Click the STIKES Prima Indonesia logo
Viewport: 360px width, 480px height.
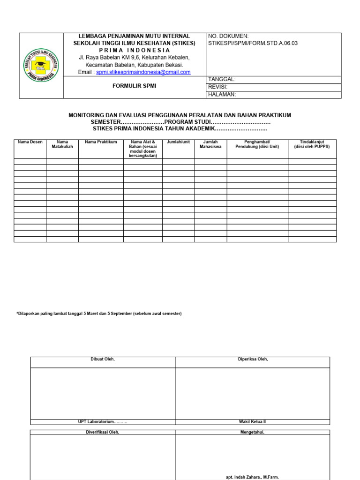pyautogui.click(x=41, y=66)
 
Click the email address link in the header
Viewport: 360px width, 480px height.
pyautogui.click(x=143, y=72)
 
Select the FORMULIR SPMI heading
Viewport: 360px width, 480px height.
pyautogui.click(x=135, y=87)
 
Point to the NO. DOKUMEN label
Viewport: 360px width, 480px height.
pyautogui.click(x=228, y=36)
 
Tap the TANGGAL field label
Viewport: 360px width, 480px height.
pyautogui.click(x=222, y=80)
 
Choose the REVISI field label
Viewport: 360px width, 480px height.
pyautogui.click(x=217, y=87)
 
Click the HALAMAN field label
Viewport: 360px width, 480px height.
pyautogui.click(x=221, y=94)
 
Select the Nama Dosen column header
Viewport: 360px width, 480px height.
pyautogui.click(x=30, y=142)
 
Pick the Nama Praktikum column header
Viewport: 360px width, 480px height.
pyautogui.click(x=101, y=142)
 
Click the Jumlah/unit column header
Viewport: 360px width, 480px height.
pyautogui.click(x=178, y=142)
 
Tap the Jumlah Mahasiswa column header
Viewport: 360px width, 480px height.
pyautogui.click(x=210, y=144)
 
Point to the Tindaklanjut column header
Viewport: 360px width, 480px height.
pyautogui.click(x=312, y=144)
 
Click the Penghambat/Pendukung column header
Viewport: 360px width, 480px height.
pyautogui.click(x=257, y=144)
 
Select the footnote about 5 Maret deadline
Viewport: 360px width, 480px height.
pyautogui.click(x=99, y=314)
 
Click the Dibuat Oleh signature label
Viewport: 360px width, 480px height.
pyautogui.click(x=103, y=360)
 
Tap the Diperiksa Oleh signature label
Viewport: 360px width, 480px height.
pyautogui.click(x=253, y=360)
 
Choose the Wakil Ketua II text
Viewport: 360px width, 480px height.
pyautogui.click(x=253, y=421)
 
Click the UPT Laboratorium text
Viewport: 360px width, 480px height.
pyautogui.click(x=103, y=421)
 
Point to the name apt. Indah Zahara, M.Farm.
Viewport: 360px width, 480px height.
pyautogui.click(x=253, y=477)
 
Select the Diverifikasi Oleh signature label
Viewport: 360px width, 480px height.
pyautogui.click(x=103, y=432)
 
